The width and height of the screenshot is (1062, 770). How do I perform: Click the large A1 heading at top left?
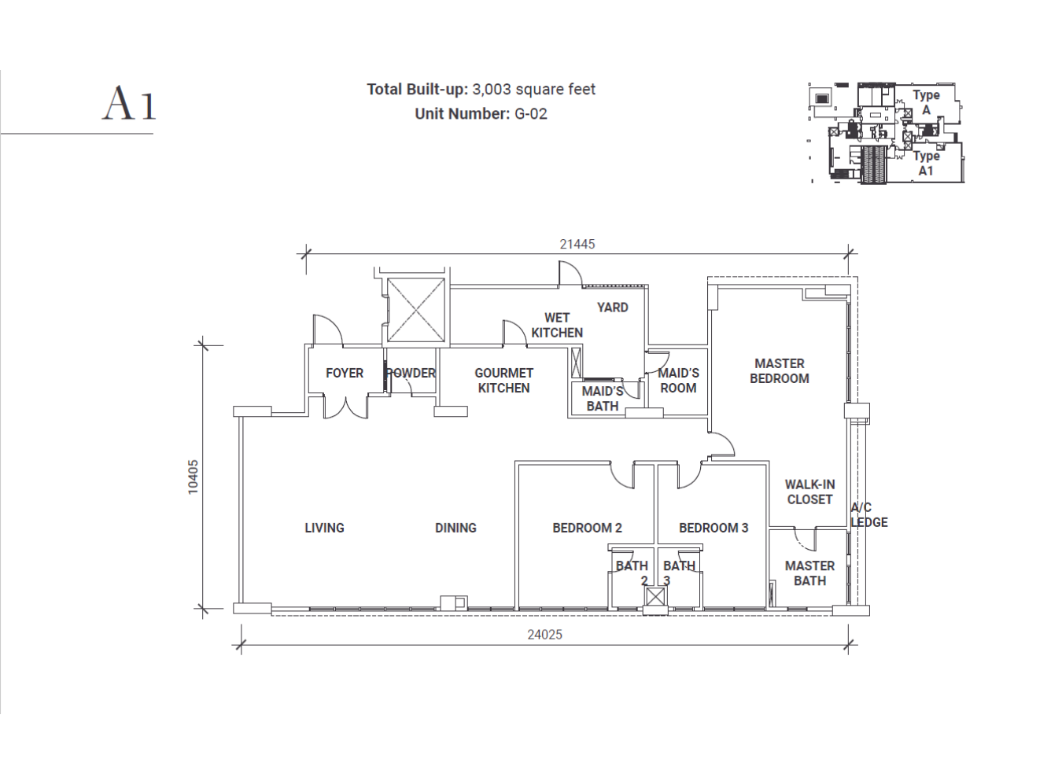click(x=130, y=104)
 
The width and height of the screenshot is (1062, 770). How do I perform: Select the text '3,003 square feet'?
click(x=533, y=90)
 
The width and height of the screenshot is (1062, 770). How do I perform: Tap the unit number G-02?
click(x=530, y=114)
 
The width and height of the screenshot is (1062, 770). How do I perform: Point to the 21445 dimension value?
click(x=577, y=245)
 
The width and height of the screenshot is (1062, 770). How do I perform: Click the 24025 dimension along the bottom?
click(x=544, y=635)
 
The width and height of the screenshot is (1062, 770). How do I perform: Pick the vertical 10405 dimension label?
click(x=194, y=477)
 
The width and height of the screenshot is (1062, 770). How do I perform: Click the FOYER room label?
click(x=345, y=374)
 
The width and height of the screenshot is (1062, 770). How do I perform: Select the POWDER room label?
click(x=411, y=374)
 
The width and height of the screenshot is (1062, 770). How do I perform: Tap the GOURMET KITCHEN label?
click(x=503, y=381)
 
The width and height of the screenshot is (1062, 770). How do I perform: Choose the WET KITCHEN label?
click(x=557, y=326)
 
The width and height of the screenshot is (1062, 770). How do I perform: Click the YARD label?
click(x=612, y=308)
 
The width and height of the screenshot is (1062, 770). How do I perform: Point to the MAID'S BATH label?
click(x=603, y=399)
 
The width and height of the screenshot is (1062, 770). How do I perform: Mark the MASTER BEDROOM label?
click(x=779, y=371)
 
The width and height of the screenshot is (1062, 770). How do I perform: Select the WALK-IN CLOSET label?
click(x=809, y=492)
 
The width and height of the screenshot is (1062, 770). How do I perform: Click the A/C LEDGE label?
click(x=868, y=515)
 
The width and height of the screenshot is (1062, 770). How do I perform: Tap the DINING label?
click(x=455, y=529)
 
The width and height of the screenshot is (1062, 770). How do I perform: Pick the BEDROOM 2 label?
click(x=587, y=529)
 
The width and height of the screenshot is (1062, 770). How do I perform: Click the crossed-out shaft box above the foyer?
click(x=415, y=310)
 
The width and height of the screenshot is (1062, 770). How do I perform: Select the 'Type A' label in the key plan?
click(x=926, y=102)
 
